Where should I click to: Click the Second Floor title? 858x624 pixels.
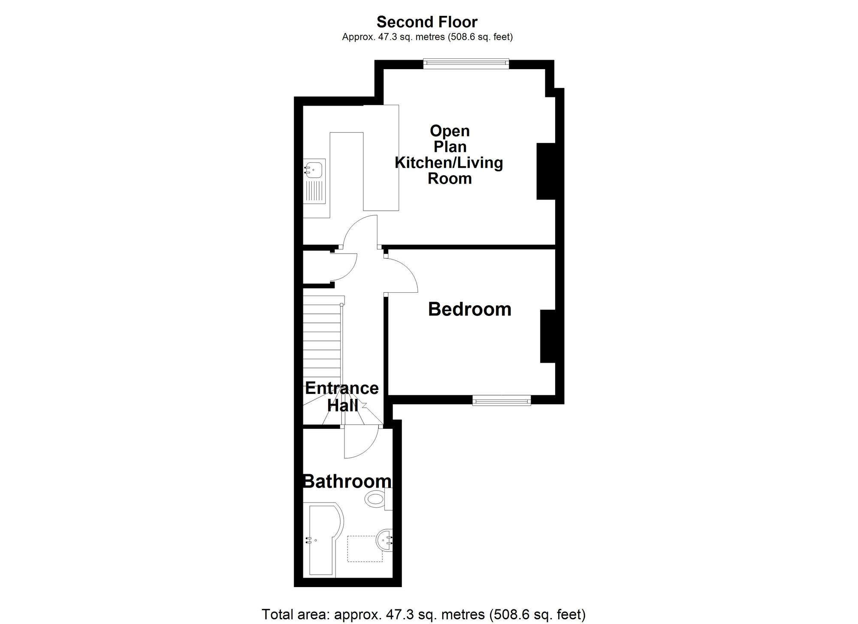(x=427, y=22)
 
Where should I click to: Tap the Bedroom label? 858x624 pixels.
(x=470, y=309)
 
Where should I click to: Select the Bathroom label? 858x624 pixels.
(x=347, y=482)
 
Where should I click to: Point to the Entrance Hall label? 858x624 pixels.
(x=342, y=397)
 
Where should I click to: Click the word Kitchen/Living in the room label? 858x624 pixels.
(x=449, y=163)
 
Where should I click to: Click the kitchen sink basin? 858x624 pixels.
(x=314, y=170)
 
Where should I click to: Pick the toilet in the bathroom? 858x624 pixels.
(x=378, y=499)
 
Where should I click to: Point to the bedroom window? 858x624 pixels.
(x=502, y=400)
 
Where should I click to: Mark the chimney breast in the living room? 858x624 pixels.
(x=546, y=171)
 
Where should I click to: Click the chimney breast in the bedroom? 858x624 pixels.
(x=548, y=336)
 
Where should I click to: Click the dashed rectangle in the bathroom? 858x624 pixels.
(x=365, y=548)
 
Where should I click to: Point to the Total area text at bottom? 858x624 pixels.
(x=423, y=614)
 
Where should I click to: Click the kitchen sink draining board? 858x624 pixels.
(x=314, y=191)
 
